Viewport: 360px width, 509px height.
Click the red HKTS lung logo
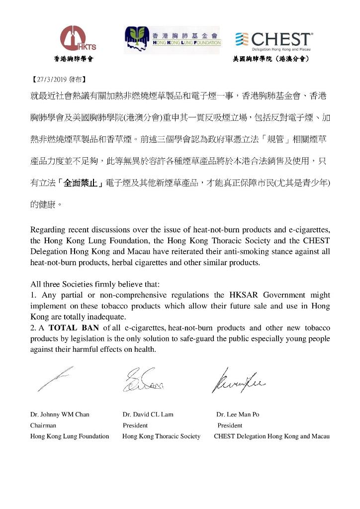tap(78, 38)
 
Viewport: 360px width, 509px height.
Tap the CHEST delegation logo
tap(274, 39)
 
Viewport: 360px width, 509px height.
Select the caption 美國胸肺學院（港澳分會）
tap(271, 59)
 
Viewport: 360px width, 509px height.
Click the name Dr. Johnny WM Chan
tap(60, 414)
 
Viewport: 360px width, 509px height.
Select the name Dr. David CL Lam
tap(148, 414)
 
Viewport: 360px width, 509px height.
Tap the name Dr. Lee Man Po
tap(238, 414)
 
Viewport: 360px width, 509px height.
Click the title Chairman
tap(43, 425)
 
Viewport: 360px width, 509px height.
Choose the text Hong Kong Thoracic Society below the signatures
tap(162, 436)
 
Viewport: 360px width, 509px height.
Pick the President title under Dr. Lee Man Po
tap(230, 425)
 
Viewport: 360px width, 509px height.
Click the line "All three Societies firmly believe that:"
tap(95, 285)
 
